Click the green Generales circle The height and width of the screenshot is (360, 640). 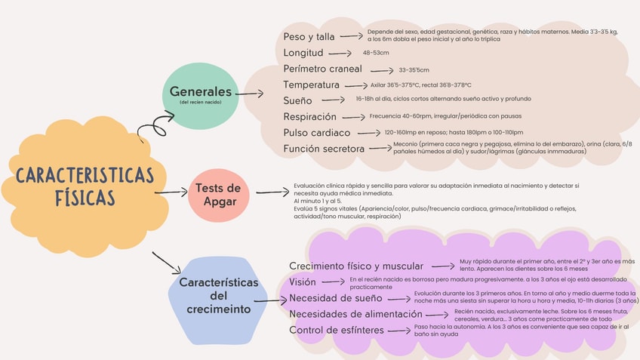click(x=200, y=96)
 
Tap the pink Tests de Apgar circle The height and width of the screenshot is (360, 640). click(x=219, y=195)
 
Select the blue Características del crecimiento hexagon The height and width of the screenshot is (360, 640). click(x=218, y=296)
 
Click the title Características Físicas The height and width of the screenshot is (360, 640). click(x=85, y=186)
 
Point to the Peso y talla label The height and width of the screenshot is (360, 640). click(x=309, y=36)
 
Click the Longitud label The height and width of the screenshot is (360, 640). click(x=303, y=53)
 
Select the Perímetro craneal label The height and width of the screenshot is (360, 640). click(x=323, y=69)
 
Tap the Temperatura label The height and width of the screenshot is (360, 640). click(x=312, y=85)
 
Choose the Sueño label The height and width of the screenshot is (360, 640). click(x=297, y=100)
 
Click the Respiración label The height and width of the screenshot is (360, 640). click(x=310, y=117)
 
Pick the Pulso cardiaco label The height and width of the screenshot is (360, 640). click(x=317, y=133)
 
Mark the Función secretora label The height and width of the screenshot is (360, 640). click(x=324, y=149)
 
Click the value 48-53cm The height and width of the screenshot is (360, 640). click(x=376, y=53)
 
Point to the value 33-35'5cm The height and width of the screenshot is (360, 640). click(x=414, y=69)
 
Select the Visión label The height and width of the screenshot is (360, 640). click(x=303, y=282)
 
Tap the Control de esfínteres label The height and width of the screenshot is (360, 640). click(x=337, y=330)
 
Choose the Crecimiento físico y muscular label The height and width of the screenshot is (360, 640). click(x=356, y=266)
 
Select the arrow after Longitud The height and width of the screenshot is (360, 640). click(x=340, y=53)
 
